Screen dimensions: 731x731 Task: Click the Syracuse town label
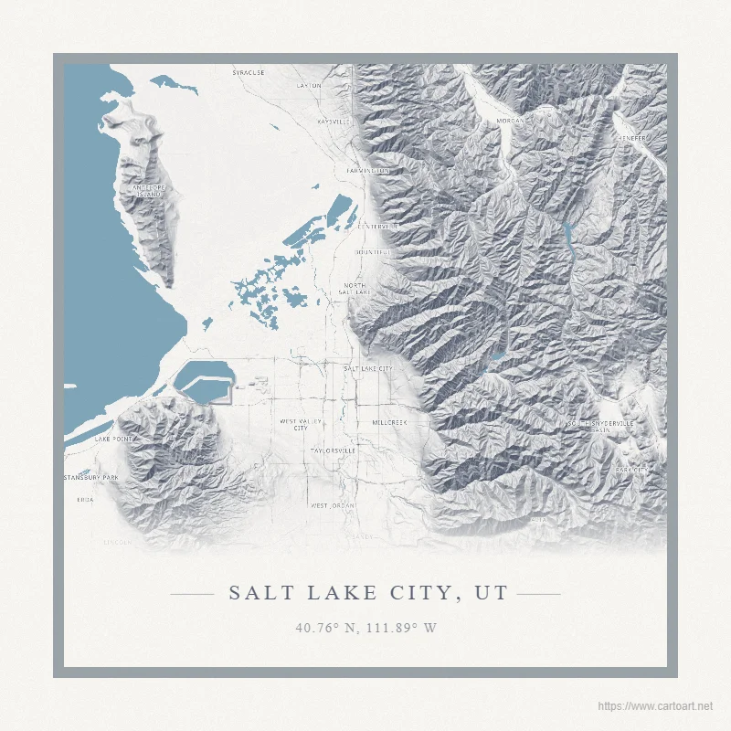pos(249,71)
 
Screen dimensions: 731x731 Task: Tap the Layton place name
pos(310,86)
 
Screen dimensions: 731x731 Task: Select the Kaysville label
pos(334,122)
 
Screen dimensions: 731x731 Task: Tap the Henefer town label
pos(631,138)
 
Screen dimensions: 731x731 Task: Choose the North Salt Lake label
pos(356,290)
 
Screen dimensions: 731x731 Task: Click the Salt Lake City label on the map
pos(367,368)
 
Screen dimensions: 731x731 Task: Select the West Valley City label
pos(300,425)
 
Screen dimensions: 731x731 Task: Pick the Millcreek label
pos(389,423)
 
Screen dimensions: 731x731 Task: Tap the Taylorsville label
pos(333,450)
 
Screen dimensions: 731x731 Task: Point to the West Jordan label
pos(333,505)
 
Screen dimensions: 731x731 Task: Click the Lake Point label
pos(113,439)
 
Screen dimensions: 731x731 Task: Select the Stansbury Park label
pos(91,478)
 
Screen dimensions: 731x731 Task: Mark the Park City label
pos(630,470)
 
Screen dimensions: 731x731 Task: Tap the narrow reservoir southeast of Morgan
pos(567,239)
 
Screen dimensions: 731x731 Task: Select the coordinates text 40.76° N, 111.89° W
pos(365,628)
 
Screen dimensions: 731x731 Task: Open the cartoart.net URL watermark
pos(654,706)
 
